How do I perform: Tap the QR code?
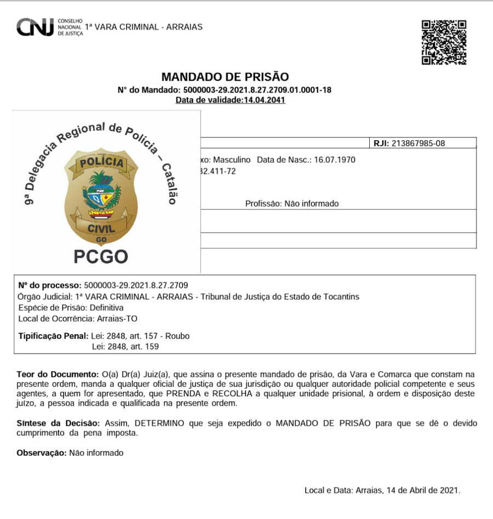[x=444, y=42]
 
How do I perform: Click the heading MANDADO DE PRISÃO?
[x=225, y=77]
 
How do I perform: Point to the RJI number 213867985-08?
[x=417, y=144]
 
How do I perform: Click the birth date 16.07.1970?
[x=334, y=160]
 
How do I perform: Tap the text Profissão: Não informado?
[x=291, y=204]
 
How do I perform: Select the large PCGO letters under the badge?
[x=101, y=256]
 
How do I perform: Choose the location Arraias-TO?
[x=117, y=318]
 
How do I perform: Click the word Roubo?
[x=177, y=336]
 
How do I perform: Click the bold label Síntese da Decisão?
[x=58, y=424]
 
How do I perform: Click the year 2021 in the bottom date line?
[x=449, y=491]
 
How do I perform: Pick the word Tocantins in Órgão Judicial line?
[x=341, y=296]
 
